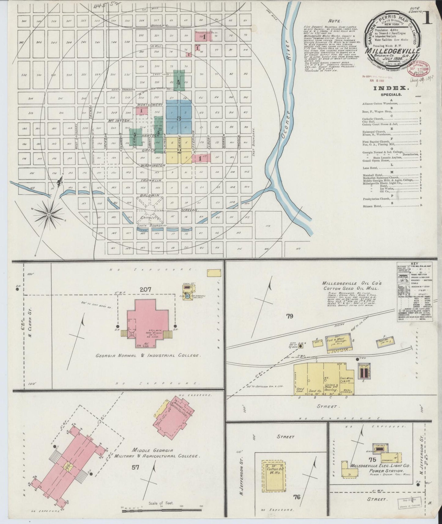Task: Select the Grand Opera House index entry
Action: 376,160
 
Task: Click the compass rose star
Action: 48,215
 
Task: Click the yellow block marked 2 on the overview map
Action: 179,150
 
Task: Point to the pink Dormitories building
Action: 173,415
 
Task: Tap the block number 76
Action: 296,497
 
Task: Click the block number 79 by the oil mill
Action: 290,316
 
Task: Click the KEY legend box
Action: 414,292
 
